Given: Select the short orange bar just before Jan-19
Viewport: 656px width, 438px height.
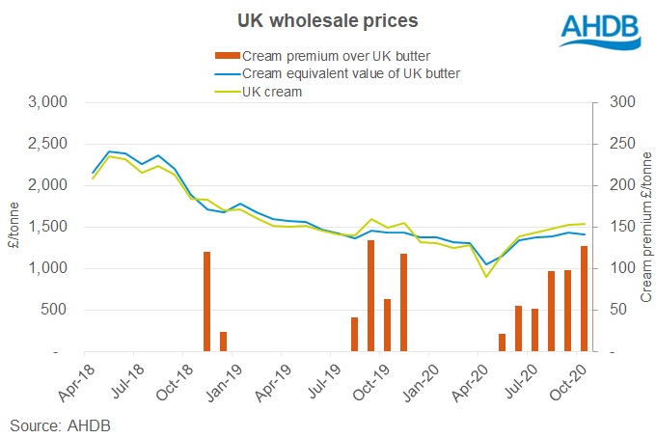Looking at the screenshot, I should pyautogui.click(x=224, y=342).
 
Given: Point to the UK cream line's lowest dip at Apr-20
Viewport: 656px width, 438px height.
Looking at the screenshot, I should pyautogui.click(x=486, y=277).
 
